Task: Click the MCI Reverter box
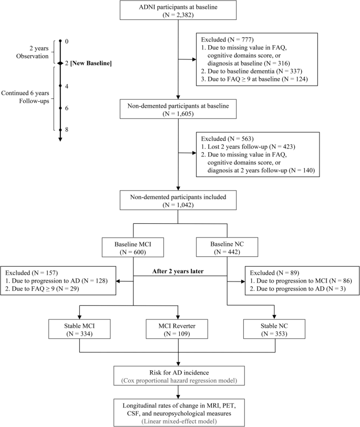[x=179, y=329]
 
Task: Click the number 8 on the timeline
[x=67, y=129]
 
